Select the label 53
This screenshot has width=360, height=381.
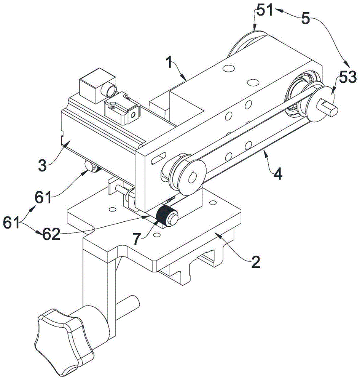[x=346, y=78]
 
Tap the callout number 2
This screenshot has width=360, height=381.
[x=255, y=262]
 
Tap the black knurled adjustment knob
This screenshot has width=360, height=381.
[x=164, y=215]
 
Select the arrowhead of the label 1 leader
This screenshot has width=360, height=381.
[x=186, y=81]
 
